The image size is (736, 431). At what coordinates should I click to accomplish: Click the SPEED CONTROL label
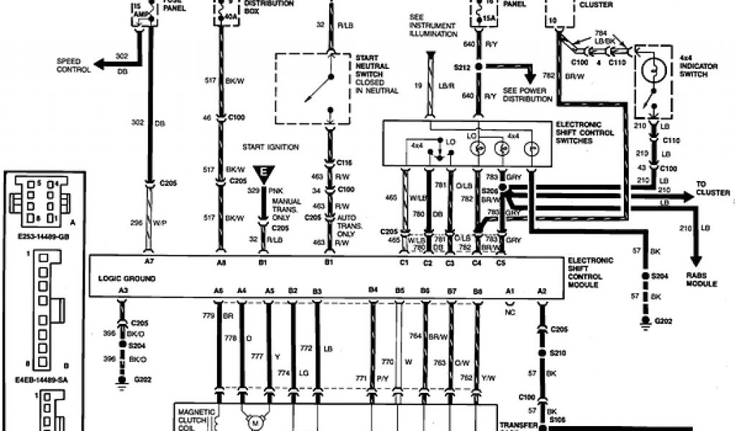73,66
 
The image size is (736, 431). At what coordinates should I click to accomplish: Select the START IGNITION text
270,147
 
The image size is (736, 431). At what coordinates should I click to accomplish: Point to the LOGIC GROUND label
126,277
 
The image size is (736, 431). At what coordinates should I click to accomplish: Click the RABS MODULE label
701,280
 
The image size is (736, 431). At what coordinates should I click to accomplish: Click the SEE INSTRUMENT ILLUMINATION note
433,25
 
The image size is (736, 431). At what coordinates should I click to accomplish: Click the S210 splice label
556,353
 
